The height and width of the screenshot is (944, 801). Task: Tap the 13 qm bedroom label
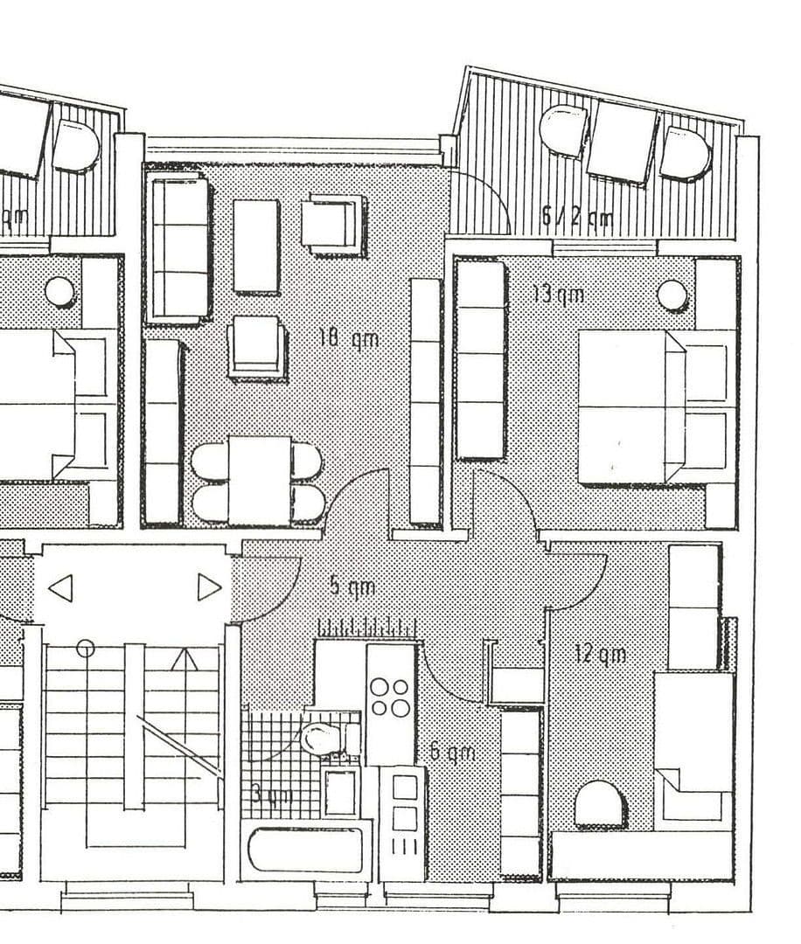[x=558, y=294]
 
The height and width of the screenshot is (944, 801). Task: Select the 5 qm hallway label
[x=352, y=586]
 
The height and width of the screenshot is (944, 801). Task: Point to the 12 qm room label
[x=600, y=653]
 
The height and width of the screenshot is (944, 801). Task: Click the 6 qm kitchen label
[x=452, y=753]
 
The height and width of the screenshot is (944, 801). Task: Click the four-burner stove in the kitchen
[x=389, y=697]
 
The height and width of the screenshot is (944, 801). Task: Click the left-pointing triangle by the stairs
[x=60, y=587]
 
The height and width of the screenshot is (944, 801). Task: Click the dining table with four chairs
[x=258, y=481]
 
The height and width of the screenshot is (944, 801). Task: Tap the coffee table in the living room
[x=256, y=246]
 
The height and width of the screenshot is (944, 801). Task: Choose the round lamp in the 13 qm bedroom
[x=672, y=295]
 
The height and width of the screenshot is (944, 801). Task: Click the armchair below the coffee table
[x=256, y=347]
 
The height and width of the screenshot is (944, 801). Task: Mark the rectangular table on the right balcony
[x=622, y=142]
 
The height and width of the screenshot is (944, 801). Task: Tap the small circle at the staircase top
[x=85, y=648]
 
